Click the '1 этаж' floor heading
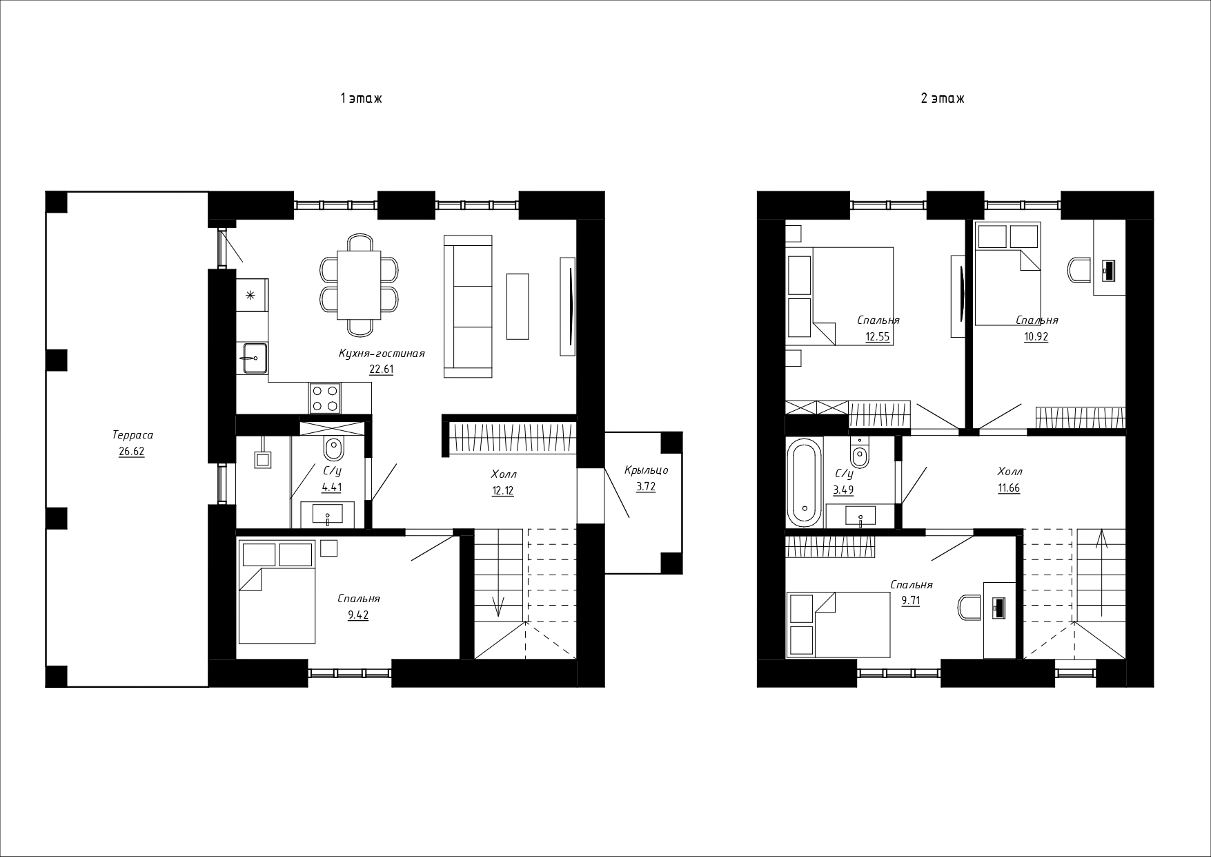tap(361, 99)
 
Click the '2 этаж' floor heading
tap(943, 99)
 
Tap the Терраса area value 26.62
tap(131, 452)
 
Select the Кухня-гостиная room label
tap(381, 354)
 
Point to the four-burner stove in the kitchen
tap(325, 398)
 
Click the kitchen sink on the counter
tap(252, 358)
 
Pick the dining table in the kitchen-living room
tap(359, 285)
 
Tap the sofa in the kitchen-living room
tap(468, 307)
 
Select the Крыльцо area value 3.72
tap(646, 487)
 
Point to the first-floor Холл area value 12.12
tap(502, 491)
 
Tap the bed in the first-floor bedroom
tap(277, 592)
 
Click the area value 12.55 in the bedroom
tap(878, 337)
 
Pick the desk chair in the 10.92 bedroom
tap(1079, 269)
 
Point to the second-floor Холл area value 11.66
tap(1008, 488)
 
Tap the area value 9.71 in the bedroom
tap(911, 601)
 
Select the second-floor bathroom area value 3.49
tap(843, 490)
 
